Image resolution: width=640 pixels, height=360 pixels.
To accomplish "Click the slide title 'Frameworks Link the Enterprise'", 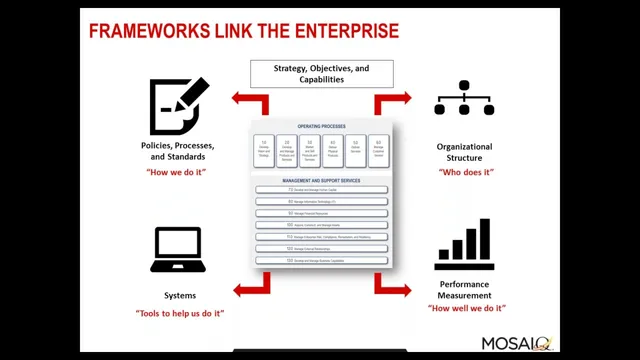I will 244,30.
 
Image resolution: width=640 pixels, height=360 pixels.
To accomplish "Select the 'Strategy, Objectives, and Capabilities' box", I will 321,73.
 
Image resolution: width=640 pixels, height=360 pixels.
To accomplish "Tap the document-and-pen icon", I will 179,105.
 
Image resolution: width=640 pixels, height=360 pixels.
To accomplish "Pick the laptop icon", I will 178,250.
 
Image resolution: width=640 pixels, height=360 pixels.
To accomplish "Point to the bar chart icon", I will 464,246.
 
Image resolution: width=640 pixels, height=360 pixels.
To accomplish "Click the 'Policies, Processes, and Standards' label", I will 178,151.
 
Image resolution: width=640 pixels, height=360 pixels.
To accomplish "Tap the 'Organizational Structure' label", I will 464,152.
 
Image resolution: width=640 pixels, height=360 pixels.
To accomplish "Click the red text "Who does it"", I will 465,172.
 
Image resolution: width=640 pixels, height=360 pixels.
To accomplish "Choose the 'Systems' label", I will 180,295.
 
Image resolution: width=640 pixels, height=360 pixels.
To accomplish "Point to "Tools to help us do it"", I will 180,313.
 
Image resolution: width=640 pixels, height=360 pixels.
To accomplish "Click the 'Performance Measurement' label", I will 464,290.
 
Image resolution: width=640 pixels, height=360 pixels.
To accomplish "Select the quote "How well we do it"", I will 466,308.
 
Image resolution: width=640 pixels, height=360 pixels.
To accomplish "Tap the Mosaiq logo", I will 516,343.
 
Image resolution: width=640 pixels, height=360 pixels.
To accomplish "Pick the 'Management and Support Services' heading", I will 321,180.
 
